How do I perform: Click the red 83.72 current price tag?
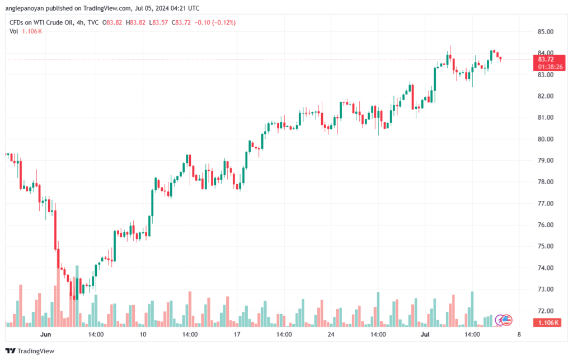click(546, 59)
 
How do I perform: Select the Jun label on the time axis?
click(46, 334)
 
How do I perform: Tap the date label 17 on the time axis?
click(237, 334)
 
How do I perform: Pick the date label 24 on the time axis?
click(331, 334)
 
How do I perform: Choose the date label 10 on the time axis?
click(143, 334)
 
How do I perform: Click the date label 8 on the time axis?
click(519, 334)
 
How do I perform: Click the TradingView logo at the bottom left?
click(30, 351)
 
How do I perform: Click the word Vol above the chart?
click(14, 31)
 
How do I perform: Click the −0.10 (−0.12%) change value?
click(215, 22)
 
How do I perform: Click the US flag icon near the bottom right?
click(507, 320)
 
